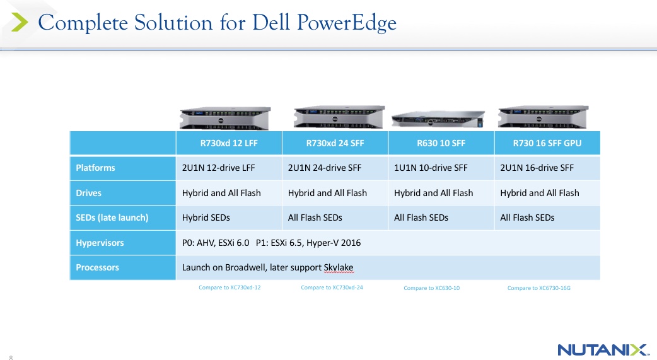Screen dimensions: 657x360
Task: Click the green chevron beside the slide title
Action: tap(20, 22)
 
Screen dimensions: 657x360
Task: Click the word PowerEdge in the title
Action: tap(347, 23)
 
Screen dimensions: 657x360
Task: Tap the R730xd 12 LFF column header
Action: tap(229, 143)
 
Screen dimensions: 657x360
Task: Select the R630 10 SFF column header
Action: tap(441, 143)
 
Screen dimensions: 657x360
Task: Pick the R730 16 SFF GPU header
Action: tap(547, 143)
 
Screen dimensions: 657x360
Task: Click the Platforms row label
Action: tap(95, 168)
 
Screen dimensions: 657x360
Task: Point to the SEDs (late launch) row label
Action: tap(112, 218)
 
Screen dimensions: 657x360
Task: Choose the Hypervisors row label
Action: tap(100, 243)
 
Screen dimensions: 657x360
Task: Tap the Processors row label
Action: tap(97, 267)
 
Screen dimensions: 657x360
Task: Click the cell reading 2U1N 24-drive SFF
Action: tap(324, 168)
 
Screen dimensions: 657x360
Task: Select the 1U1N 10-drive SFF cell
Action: tap(430, 168)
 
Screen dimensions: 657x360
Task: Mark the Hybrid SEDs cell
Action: tap(206, 218)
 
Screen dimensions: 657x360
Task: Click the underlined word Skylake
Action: tap(339, 268)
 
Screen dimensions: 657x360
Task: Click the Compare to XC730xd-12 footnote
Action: tap(230, 287)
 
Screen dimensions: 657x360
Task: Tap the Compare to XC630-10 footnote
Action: tap(431, 288)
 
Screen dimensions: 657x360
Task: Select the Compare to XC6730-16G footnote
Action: tap(539, 288)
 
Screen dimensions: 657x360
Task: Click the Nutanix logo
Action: tap(603, 349)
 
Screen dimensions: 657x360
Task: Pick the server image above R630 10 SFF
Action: tap(438, 119)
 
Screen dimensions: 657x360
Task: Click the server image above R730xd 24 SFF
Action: tap(339, 117)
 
